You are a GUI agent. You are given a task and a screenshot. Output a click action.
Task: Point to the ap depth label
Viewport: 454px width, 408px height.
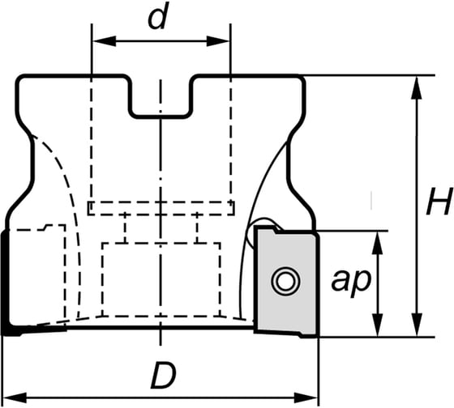[351, 280]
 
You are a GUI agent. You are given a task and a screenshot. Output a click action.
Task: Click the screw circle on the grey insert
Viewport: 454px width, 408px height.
[284, 282]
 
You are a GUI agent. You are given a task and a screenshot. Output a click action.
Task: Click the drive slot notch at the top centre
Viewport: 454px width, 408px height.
[161, 96]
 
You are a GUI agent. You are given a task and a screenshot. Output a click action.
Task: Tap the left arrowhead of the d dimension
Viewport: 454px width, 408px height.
[98, 40]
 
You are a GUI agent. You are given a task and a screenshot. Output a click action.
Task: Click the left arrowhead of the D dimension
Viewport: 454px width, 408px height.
[11, 397]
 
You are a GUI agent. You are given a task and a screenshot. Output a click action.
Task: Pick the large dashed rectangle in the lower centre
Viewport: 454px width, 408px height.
[162, 279]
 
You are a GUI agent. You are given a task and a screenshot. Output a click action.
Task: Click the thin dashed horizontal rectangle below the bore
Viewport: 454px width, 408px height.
[162, 209]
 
